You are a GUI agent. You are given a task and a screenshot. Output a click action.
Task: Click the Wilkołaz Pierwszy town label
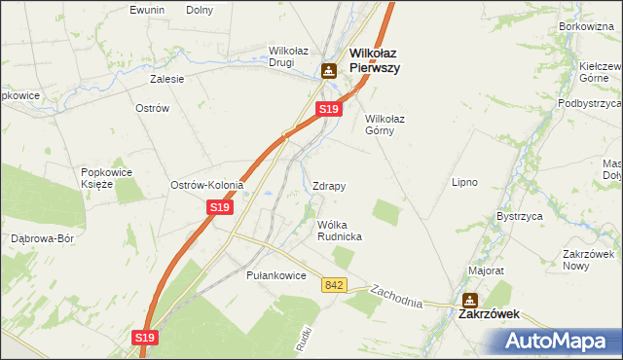point(376,61)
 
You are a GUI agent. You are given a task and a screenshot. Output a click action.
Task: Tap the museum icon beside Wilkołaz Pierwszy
point(329,70)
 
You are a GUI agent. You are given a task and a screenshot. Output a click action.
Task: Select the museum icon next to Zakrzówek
point(470,301)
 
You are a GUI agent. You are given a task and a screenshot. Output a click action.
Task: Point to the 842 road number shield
point(336,284)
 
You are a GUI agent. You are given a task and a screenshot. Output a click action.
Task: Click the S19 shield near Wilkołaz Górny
point(328,110)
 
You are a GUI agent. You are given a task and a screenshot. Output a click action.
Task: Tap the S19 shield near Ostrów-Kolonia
point(220,207)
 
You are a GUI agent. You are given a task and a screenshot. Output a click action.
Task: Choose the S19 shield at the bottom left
point(144,337)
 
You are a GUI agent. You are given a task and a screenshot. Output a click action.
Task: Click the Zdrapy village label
point(329,185)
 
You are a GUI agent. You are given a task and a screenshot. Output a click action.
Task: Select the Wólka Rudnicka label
point(340,231)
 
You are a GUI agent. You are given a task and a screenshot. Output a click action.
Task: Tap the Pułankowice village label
point(276,275)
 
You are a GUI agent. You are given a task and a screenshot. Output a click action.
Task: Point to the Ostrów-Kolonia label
point(206,185)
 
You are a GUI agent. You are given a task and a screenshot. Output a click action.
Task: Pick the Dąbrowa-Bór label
point(42,238)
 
